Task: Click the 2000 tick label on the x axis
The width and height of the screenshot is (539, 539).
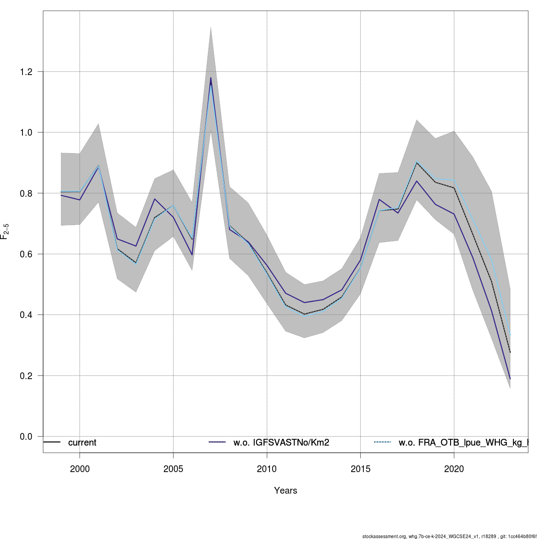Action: pos(80,469)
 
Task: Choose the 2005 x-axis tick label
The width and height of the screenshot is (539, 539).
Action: pos(173,469)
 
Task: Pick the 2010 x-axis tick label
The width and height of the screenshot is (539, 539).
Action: pos(267,469)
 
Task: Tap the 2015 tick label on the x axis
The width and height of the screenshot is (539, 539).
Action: pos(360,469)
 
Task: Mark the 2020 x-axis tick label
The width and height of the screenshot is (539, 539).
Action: pos(454,469)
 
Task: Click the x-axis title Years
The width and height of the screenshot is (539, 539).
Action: pos(286,490)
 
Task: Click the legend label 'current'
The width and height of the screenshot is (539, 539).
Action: pos(82,443)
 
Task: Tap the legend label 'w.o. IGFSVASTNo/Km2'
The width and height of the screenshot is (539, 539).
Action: pos(281,443)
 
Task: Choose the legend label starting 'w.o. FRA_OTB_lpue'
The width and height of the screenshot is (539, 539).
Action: pos(463,443)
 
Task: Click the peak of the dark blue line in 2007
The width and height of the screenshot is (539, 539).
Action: pos(211,78)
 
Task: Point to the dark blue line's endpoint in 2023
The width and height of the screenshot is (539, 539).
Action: pos(510,379)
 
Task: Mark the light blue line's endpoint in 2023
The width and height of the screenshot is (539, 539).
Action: pos(510,335)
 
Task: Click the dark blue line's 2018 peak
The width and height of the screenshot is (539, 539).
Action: pos(417,181)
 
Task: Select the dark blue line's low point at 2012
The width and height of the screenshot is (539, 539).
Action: pos(305,302)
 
